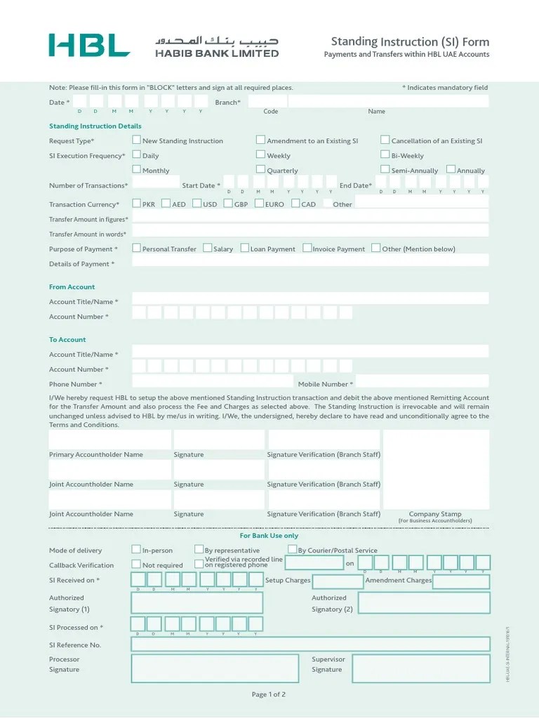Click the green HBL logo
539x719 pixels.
click(89, 45)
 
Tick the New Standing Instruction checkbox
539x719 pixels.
click(137, 140)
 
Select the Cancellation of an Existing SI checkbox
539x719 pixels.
click(385, 140)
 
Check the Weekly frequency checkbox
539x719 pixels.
click(261, 154)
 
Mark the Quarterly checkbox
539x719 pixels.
click(261, 169)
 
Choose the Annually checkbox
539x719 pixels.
click(451, 169)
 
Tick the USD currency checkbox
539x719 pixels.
click(197, 204)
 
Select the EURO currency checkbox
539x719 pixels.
click(259, 204)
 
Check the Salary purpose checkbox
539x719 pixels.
click(208, 248)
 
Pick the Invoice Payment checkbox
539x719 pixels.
click(307, 248)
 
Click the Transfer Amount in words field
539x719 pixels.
click(310, 230)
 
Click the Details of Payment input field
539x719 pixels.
click(310, 260)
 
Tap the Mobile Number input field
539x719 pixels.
click(422, 381)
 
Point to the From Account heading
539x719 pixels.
click(72, 287)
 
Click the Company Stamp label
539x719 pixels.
click(435, 514)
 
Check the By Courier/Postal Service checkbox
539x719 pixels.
click(293, 549)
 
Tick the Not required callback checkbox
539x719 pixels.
click(136, 564)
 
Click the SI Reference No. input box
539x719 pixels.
click(310, 644)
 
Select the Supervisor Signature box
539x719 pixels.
click(420, 668)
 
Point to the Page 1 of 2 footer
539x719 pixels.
click(269, 694)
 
